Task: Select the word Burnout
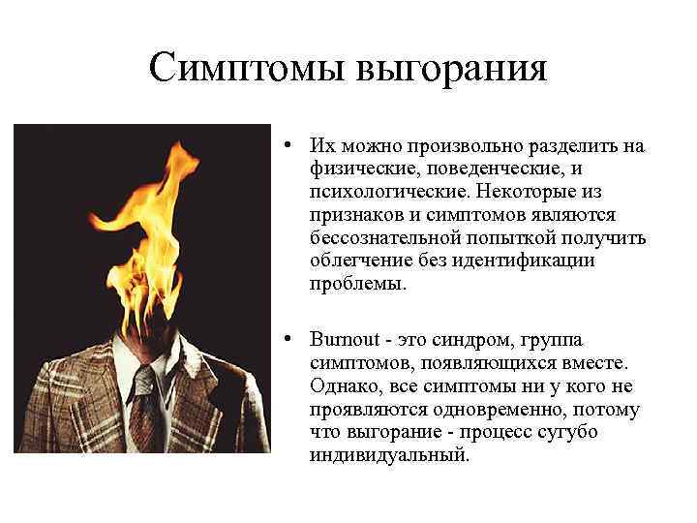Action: [x=344, y=341]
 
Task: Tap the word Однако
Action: [x=344, y=386]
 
